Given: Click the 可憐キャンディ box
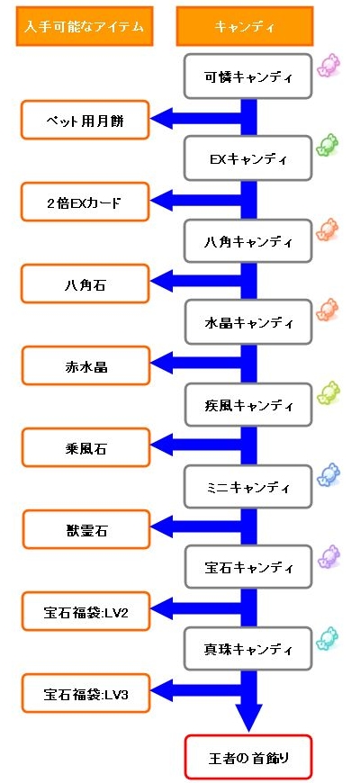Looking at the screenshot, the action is [x=248, y=76].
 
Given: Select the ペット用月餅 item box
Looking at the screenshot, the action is [x=85, y=120].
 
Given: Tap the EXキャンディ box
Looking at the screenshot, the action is [x=248, y=159].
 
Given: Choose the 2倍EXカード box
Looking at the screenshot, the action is [x=85, y=202].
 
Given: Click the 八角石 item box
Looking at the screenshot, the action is [x=85, y=283].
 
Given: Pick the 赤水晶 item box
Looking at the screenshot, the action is [x=85, y=365].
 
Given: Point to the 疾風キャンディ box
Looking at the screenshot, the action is [x=248, y=405].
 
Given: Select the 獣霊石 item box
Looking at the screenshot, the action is [x=85, y=529].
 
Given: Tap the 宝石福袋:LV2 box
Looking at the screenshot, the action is [x=85, y=611].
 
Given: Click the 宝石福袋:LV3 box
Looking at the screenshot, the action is [x=85, y=693].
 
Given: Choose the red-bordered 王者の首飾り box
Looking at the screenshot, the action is [x=248, y=757].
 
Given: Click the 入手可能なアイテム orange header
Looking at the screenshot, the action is [x=85, y=26].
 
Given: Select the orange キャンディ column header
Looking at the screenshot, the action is [x=245, y=26].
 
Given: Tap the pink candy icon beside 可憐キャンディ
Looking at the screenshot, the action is [x=328, y=65].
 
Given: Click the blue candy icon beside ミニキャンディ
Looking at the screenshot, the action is [x=328, y=474].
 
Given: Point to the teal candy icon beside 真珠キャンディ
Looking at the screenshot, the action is [x=328, y=638].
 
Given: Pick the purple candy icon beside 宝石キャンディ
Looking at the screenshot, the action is [x=328, y=556].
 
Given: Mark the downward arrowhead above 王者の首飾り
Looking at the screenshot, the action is [x=248, y=718].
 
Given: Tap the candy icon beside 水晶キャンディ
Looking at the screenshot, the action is [x=328, y=310].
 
